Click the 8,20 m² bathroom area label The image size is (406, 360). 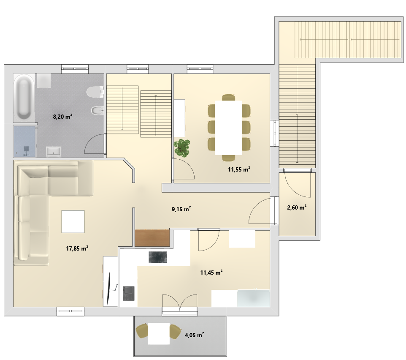point(62,116)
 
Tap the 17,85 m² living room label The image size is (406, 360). point(77,248)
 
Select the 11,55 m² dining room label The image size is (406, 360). point(239,169)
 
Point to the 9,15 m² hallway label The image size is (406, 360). point(181,209)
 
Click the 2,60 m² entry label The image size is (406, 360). point(297,207)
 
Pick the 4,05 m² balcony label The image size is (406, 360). point(194,335)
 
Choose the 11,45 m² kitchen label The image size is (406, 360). point(211,272)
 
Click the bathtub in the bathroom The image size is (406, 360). point(24,98)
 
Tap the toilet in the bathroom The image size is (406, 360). point(95,92)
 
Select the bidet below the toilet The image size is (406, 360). point(97,111)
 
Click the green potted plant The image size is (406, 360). point(182,147)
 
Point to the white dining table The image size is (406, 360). point(228,128)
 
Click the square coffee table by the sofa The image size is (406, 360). point(73,221)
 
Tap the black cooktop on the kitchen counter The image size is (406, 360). point(158,257)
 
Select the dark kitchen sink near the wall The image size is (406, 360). point(129,293)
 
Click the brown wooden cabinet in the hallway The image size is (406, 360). point(152,238)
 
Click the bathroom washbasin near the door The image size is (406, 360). point(54,152)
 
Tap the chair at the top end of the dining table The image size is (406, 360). point(228,98)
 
